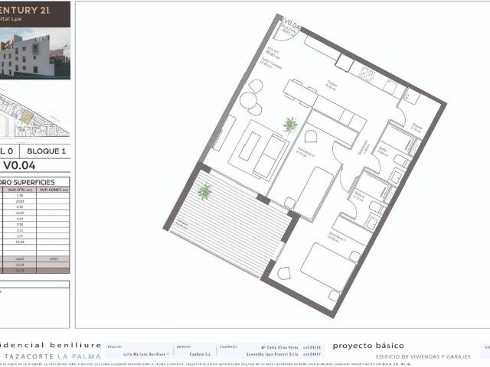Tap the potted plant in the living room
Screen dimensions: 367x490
tap(290, 125)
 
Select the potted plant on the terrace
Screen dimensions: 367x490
tap(204, 191)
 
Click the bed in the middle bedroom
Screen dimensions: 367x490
tap(313, 190)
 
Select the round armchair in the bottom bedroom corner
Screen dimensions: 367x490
tap(285, 273)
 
